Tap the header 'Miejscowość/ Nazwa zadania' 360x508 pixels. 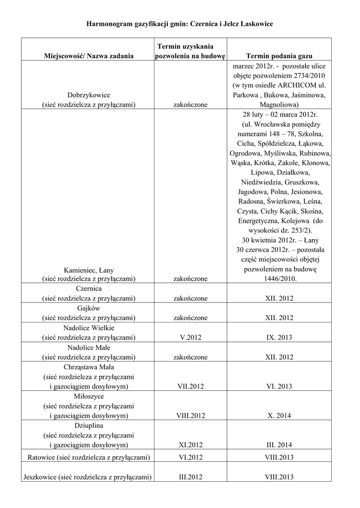(x=89, y=56)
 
